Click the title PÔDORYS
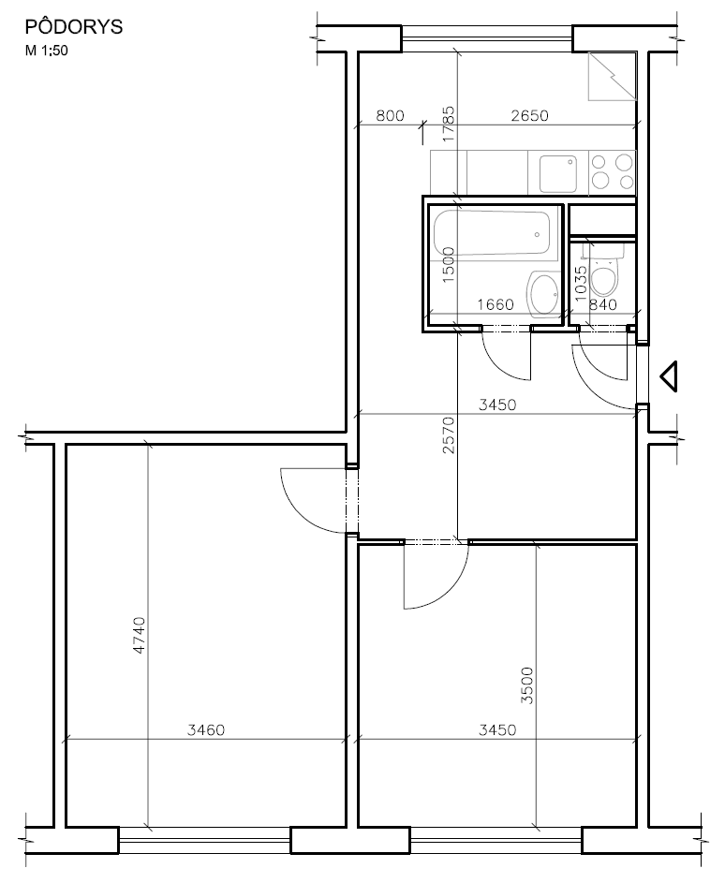click(74, 26)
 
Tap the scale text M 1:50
click(46, 51)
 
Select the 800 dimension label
click(390, 115)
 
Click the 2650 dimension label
click(529, 115)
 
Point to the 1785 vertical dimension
click(449, 124)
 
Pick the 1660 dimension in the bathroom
click(496, 304)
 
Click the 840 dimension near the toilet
click(602, 304)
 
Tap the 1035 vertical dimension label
click(582, 283)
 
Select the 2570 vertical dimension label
click(449, 434)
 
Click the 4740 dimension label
click(139, 635)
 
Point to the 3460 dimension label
click(206, 729)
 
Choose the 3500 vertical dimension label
click(526, 685)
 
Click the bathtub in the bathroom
click(491, 232)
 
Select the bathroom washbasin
click(543, 293)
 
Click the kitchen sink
click(558, 174)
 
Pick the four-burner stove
click(613, 172)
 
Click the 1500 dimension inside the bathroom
click(449, 265)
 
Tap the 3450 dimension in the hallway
click(497, 405)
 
